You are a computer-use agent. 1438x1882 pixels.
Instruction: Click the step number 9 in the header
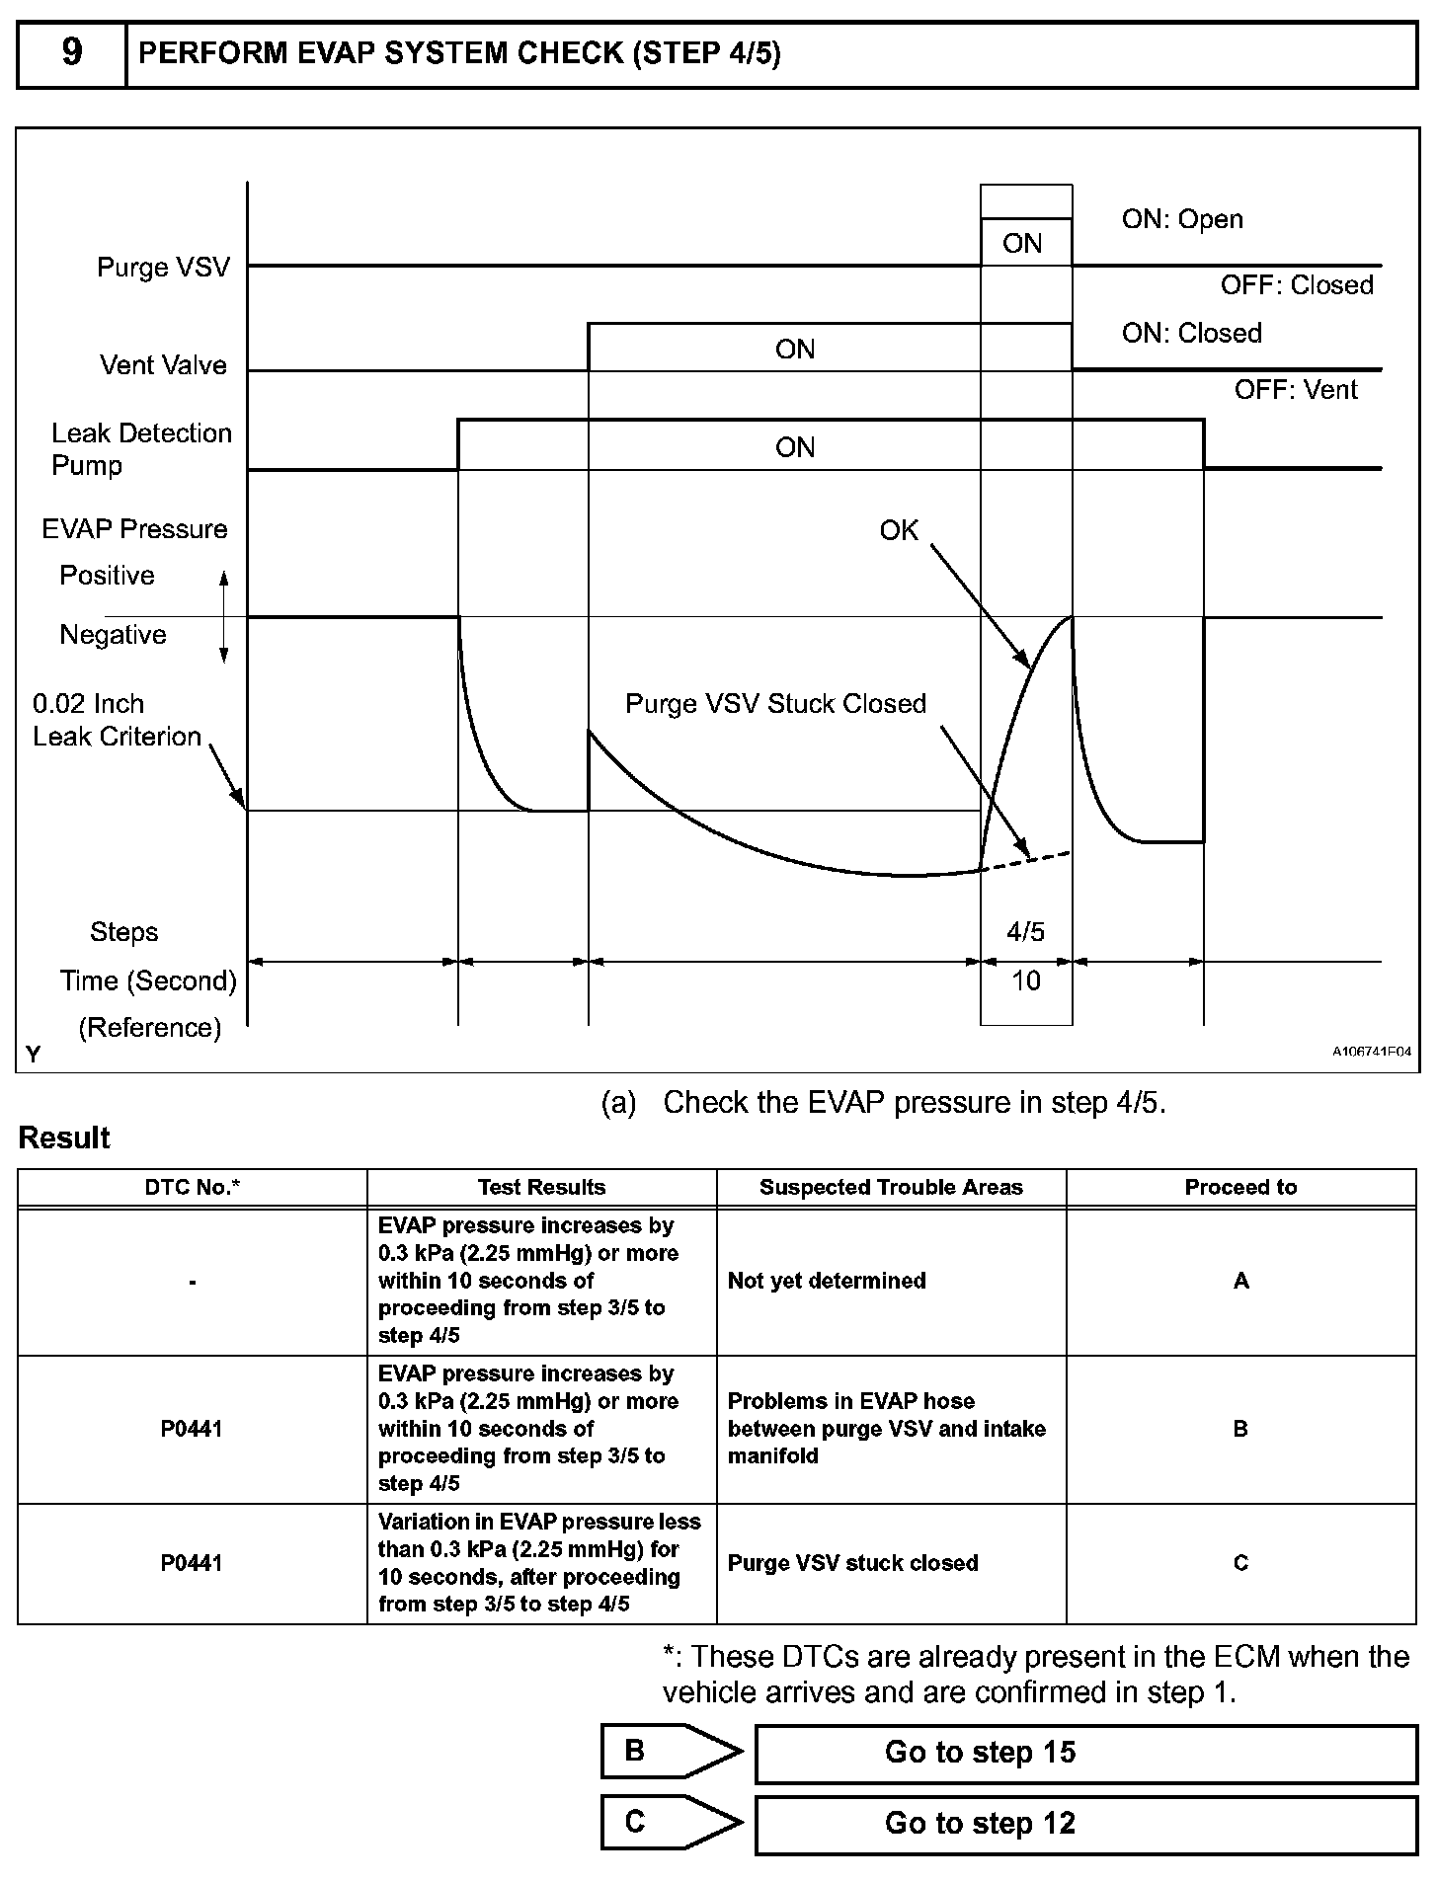point(72,52)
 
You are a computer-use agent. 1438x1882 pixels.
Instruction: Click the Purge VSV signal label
point(163,268)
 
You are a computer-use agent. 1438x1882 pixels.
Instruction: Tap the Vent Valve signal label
point(163,365)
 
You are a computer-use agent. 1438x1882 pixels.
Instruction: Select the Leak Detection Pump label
point(141,449)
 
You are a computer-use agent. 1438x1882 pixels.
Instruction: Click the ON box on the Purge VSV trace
point(1023,243)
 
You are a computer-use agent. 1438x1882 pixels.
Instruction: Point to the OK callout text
point(899,531)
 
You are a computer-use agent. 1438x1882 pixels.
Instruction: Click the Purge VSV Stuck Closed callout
point(775,704)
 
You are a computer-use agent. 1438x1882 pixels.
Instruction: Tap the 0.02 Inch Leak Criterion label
point(117,720)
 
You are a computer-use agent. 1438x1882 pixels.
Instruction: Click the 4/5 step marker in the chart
point(1025,931)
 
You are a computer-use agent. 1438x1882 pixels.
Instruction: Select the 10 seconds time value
point(1025,980)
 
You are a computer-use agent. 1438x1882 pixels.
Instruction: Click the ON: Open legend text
point(1182,219)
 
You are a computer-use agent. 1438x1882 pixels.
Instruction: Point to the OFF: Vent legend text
point(1296,390)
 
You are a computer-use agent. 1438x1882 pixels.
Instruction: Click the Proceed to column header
point(1240,1188)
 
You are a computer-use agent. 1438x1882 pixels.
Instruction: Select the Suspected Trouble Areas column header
point(891,1188)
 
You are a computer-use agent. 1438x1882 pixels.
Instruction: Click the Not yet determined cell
point(827,1281)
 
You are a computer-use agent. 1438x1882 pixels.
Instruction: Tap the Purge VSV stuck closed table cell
point(852,1563)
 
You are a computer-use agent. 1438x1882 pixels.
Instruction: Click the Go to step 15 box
point(1085,1753)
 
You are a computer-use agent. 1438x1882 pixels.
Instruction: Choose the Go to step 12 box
point(1085,1823)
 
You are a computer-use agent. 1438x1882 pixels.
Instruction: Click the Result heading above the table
point(64,1138)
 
